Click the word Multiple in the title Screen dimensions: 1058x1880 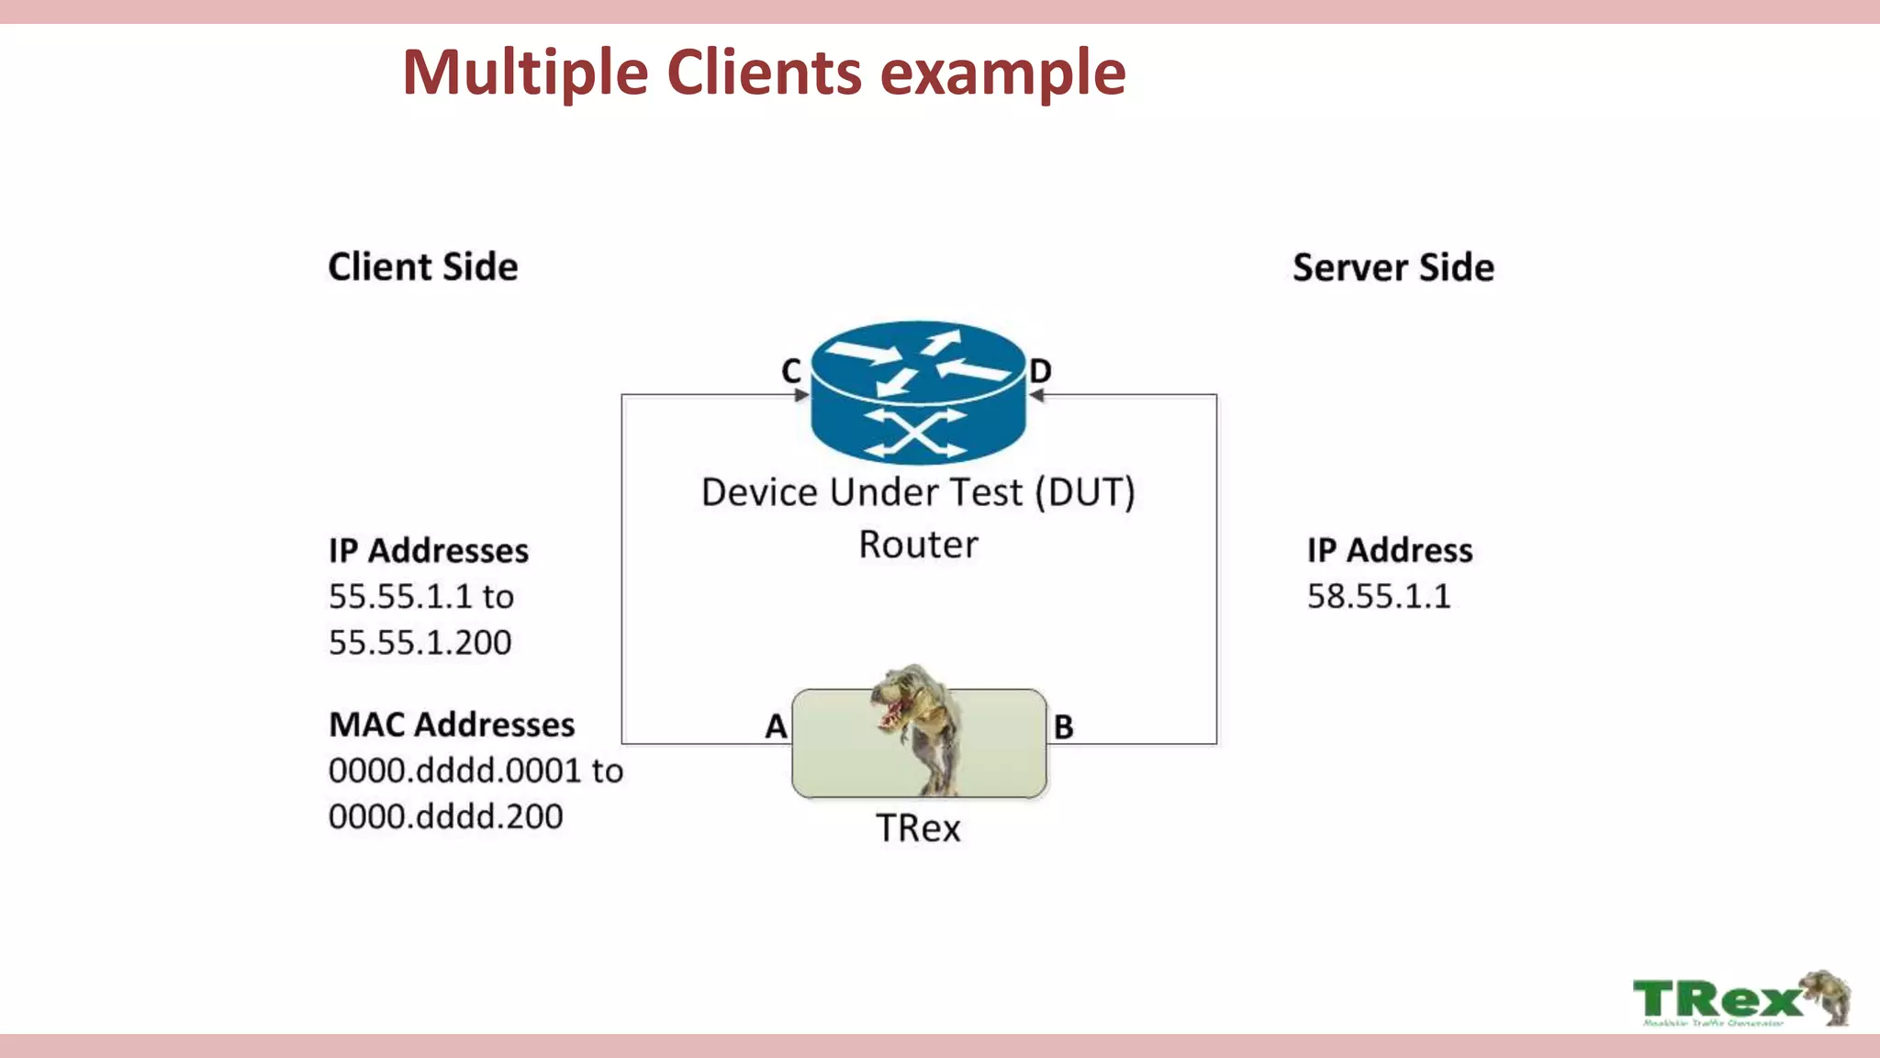tap(525, 73)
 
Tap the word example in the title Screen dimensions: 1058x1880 tap(1002, 73)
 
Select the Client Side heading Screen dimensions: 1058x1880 tap(423, 267)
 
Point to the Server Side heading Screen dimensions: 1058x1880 tap(1393, 267)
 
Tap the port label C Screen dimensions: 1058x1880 tap(791, 371)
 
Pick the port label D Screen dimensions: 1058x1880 tap(1040, 371)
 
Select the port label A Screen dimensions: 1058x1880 tap(776, 726)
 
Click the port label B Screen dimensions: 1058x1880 tap(1063, 727)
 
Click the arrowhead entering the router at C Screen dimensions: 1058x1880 tap(801, 395)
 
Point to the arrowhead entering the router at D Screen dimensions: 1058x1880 tap(1036, 395)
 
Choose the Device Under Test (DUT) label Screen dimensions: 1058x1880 tap(918, 492)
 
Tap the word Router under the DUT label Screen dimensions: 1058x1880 tap(918, 545)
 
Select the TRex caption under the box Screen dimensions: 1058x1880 tap(918, 828)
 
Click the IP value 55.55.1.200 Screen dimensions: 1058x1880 tap(420, 642)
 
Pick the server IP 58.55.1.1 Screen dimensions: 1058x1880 tap(1379, 596)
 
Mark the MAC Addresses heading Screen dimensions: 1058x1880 tap(452, 725)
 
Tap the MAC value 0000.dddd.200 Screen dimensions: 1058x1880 tap(445, 816)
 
